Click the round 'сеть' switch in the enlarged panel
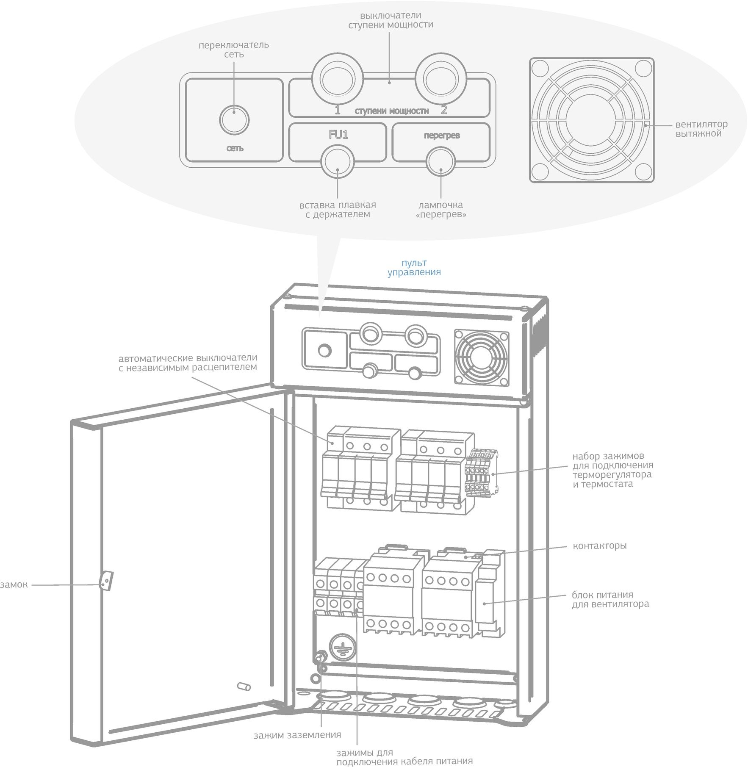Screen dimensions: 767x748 tap(234, 120)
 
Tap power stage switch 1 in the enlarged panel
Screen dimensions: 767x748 tap(337, 78)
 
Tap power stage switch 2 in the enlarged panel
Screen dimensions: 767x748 tap(440, 78)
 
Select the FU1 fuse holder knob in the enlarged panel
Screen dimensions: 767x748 tap(337, 162)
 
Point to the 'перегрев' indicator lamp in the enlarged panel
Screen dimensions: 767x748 tap(440, 162)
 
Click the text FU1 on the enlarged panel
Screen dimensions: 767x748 tap(338, 135)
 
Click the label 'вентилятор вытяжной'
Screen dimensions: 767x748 tap(701, 129)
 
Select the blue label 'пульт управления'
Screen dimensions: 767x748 tap(414, 268)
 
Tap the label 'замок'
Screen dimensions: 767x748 tap(14, 585)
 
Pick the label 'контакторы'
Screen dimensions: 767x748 tap(599, 546)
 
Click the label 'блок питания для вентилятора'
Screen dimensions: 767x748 tap(610, 599)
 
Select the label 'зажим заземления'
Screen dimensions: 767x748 tap(297, 735)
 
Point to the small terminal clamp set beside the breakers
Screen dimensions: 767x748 tap(481, 473)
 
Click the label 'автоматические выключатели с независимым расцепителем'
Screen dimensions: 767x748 tap(188, 363)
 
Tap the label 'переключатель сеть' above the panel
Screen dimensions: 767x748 tap(234, 50)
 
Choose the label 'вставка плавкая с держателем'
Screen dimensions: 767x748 tap(338, 210)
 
